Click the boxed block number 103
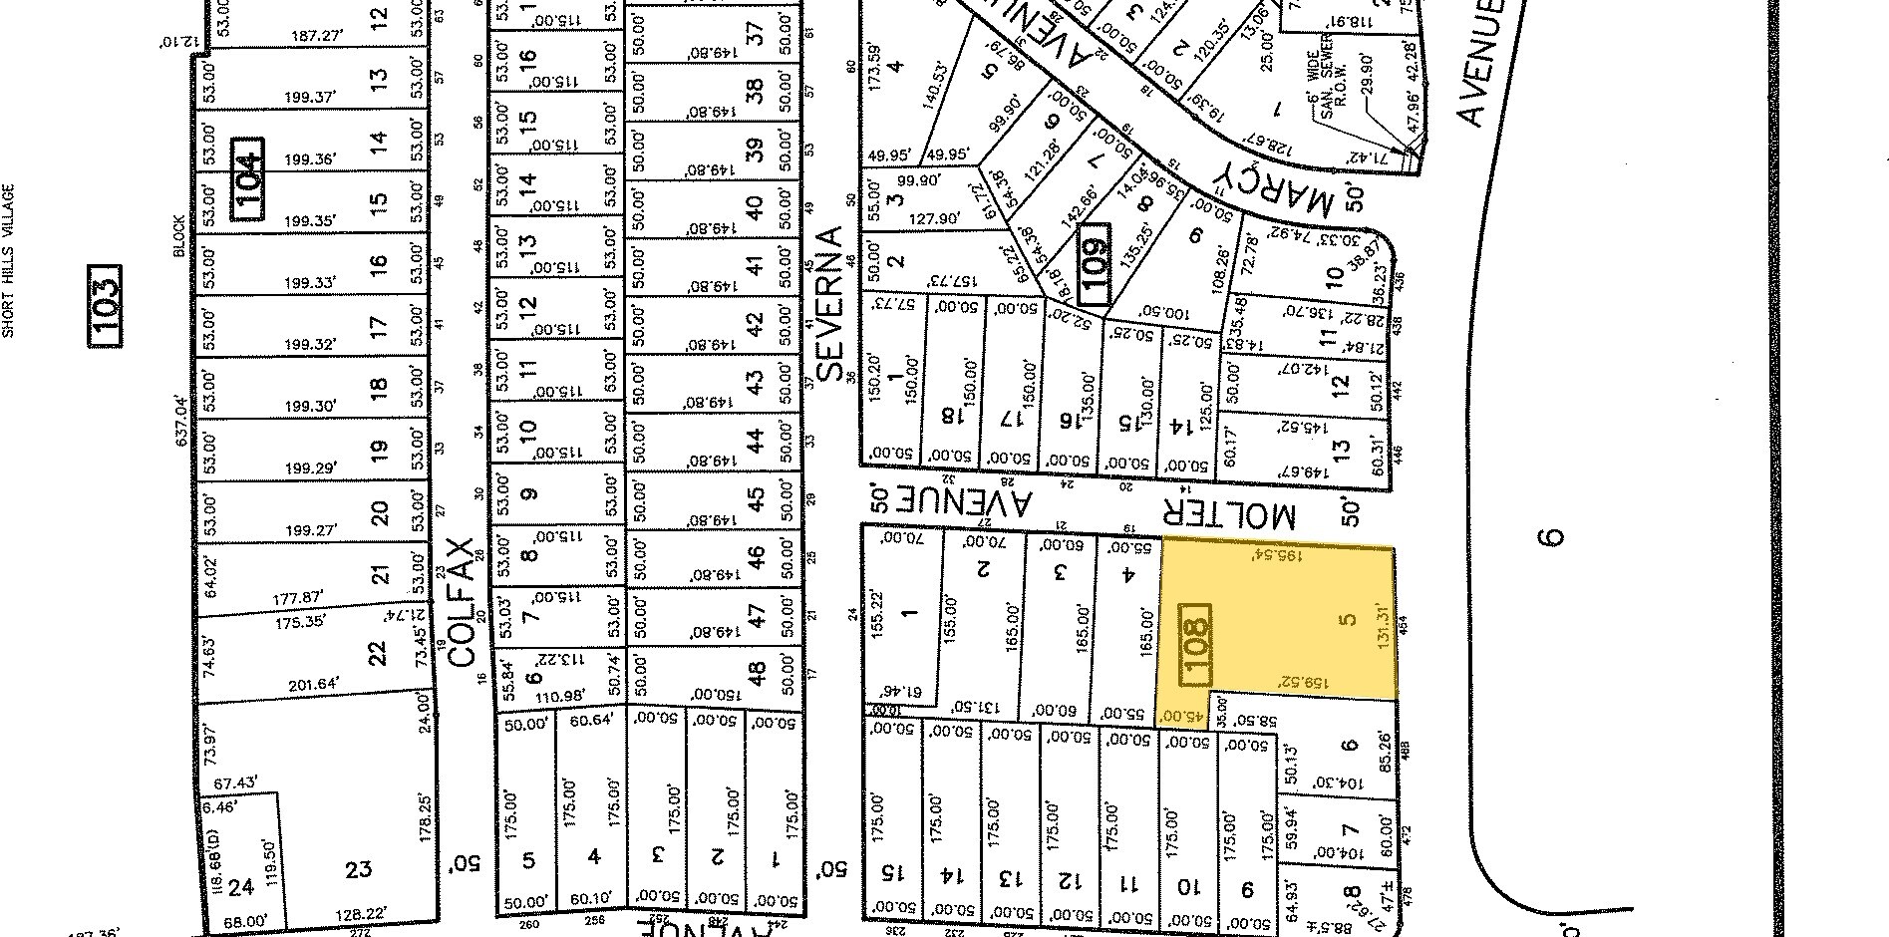[x=105, y=306]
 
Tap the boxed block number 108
[x=1194, y=645]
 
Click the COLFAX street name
[x=460, y=602]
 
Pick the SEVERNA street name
[x=830, y=304]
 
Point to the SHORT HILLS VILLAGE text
[x=8, y=260]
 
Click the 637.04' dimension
[x=182, y=420]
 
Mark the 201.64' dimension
[x=312, y=684]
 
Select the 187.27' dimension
[x=318, y=36]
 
